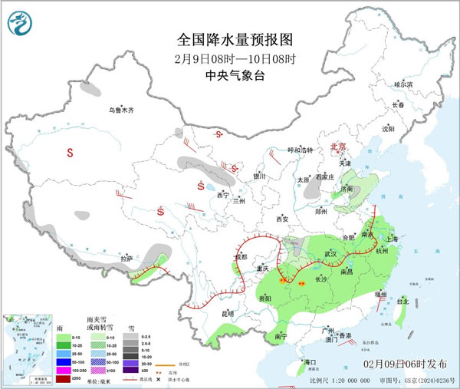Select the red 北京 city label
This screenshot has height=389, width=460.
(338, 146)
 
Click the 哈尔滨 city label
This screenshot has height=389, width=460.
(402, 84)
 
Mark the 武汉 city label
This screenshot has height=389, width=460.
(330, 253)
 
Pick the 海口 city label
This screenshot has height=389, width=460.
(310, 361)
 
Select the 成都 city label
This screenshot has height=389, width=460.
(240, 257)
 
